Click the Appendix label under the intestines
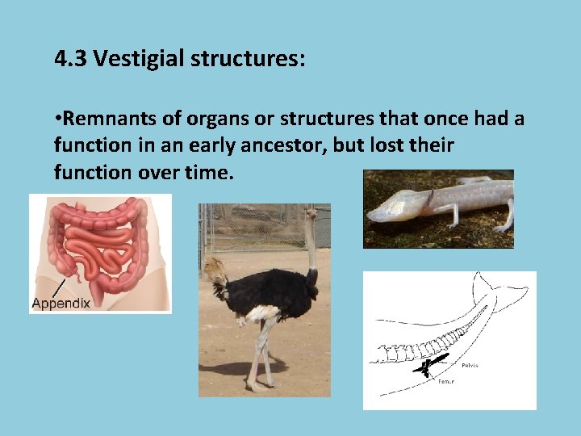[61, 304]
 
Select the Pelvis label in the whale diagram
[469, 365]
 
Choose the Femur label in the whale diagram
[445, 381]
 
